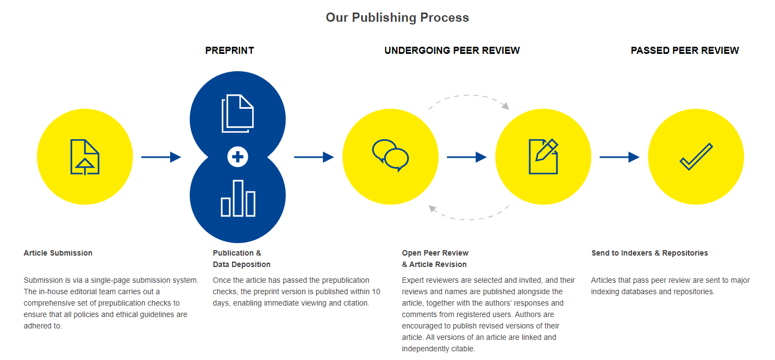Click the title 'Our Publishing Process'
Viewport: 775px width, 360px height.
[x=397, y=17]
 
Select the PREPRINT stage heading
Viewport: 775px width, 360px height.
[x=229, y=51]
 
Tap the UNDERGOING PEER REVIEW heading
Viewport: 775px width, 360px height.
[x=452, y=51]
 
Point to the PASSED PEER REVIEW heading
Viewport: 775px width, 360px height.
[x=685, y=51]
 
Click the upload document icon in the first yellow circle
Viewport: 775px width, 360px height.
[x=85, y=157]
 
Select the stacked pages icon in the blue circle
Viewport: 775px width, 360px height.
[x=237, y=113]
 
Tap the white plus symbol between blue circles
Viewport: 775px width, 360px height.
[x=237, y=157]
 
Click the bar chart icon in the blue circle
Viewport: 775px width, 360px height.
[x=238, y=198]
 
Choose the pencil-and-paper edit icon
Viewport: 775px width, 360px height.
[x=543, y=157]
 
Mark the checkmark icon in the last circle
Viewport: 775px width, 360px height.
[x=696, y=157]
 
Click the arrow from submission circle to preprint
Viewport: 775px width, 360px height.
[x=161, y=157]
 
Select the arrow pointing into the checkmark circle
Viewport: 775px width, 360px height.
[x=620, y=157]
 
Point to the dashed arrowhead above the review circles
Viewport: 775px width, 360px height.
[x=505, y=105]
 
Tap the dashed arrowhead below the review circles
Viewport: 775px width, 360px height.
[x=433, y=209]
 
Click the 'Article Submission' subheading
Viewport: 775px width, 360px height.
[x=58, y=253]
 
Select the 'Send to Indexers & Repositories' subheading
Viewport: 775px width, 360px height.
[x=649, y=253]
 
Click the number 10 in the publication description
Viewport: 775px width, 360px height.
[x=376, y=292]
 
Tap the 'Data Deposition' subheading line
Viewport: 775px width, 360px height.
[x=241, y=264]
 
